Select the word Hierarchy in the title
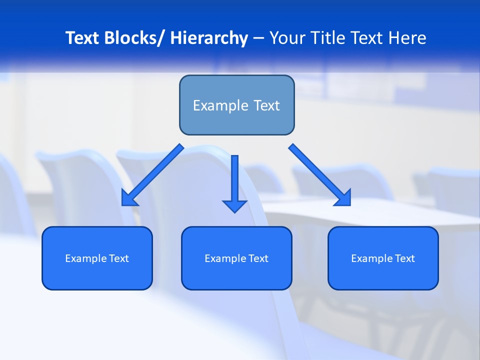pos(209,38)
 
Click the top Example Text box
pos(236,105)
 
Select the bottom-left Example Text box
pos(97,258)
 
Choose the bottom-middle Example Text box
pos(236,258)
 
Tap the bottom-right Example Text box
pos(383,258)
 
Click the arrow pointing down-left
pos(152,175)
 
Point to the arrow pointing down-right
pos(320,175)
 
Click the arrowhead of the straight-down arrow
pos(234,205)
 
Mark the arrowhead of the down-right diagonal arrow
pos(343,198)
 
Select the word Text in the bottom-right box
pos(404,258)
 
